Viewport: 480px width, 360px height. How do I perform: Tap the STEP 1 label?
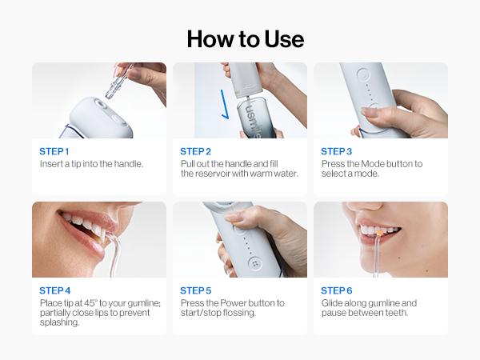(54, 150)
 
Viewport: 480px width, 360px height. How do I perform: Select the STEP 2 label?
(196, 150)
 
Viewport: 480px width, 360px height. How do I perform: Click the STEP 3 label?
(337, 150)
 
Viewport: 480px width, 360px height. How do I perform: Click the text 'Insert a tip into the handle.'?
(91, 163)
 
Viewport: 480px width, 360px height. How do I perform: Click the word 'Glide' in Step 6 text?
(332, 303)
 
